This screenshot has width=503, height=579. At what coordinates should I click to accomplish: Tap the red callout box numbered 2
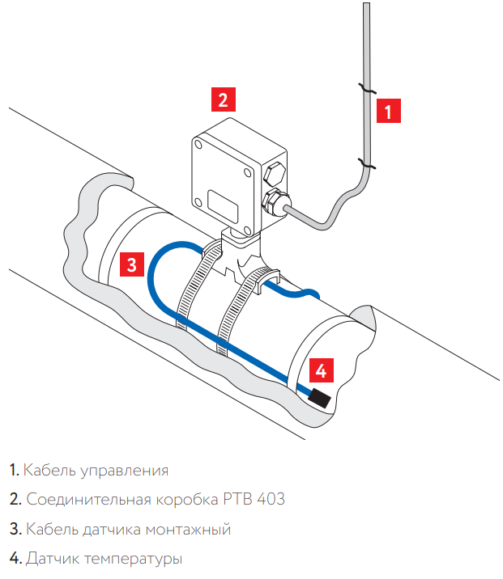pos(224,99)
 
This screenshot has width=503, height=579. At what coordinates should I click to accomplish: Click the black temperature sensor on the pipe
pos(317,397)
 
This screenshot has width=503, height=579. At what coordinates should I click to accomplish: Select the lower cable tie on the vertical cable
pos(367,166)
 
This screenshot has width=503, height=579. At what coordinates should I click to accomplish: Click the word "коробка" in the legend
pos(185,500)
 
